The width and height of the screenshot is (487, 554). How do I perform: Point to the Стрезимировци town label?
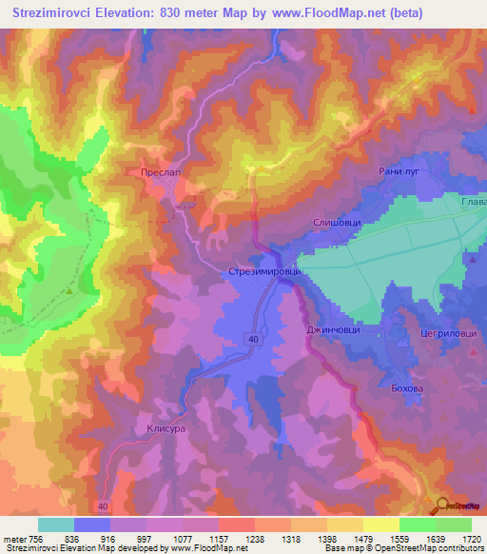[x=264, y=272]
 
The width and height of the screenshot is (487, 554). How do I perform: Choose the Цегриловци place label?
[x=447, y=334]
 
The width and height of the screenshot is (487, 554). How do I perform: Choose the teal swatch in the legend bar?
[x=56, y=524]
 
